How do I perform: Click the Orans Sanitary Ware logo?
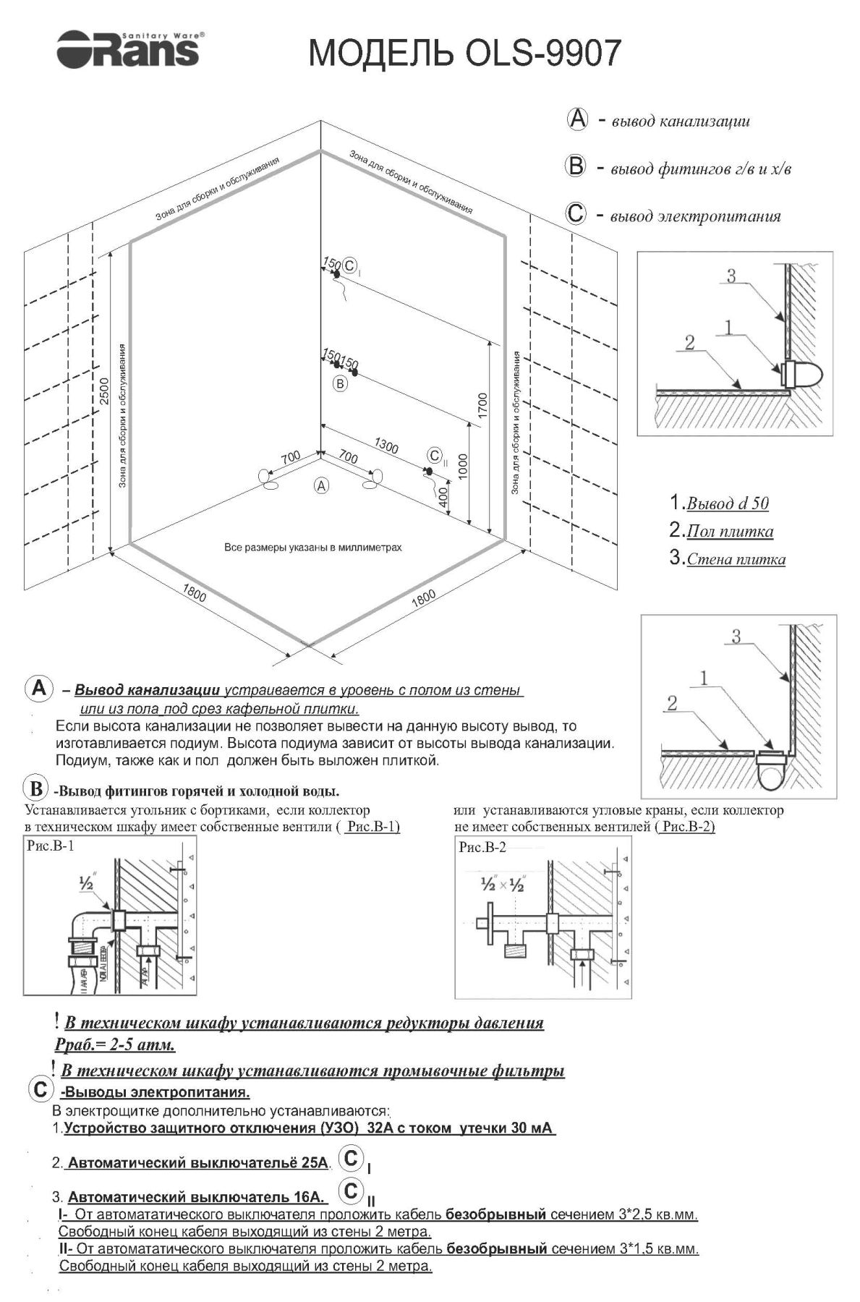pos(129,50)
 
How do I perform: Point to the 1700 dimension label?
pos(483,405)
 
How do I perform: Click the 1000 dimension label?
pos(463,467)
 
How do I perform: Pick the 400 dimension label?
pos(443,497)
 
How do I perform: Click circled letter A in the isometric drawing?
pos(321,485)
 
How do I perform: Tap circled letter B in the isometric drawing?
pos(340,383)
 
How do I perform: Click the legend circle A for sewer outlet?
pos(576,119)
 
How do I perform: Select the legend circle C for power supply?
pos(576,215)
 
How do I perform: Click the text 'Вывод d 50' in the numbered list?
pos(727,503)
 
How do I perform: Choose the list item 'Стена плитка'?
pos(736,559)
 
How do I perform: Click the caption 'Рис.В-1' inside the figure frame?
pos(50,846)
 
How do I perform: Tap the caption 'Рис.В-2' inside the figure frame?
pos(482,847)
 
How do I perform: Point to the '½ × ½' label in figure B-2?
pos(502,885)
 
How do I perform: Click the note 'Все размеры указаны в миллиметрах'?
pos(313,548)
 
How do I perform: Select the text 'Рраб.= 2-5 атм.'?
pos(115,1045)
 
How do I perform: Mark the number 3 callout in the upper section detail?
pos(731,276)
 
